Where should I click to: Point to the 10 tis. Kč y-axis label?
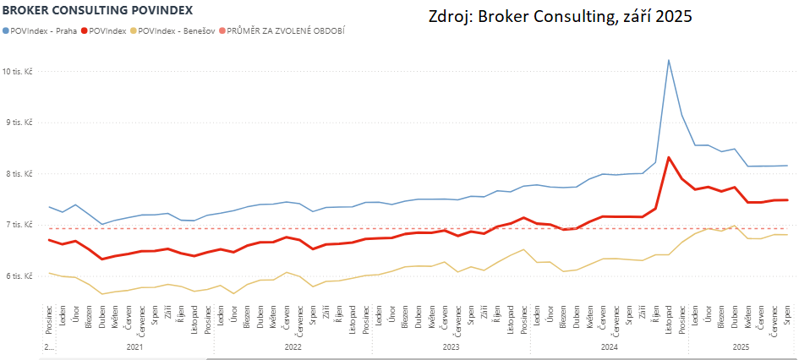[22, 72]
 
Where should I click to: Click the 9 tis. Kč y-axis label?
[24, 123]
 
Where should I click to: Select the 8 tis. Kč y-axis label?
[24, 174]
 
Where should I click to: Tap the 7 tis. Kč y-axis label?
[24, 225]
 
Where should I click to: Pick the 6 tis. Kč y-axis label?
[24, 275]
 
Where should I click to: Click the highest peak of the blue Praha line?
[669, 60]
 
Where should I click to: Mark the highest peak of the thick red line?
[669, 157]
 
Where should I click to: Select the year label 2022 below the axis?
[293, 346]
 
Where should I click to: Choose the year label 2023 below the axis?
[451, 346]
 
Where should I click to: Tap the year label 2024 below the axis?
[609, 346]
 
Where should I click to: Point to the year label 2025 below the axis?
[741, 346]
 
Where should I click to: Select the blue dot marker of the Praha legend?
[8, 30]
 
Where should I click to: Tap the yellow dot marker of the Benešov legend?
[133, 30]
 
